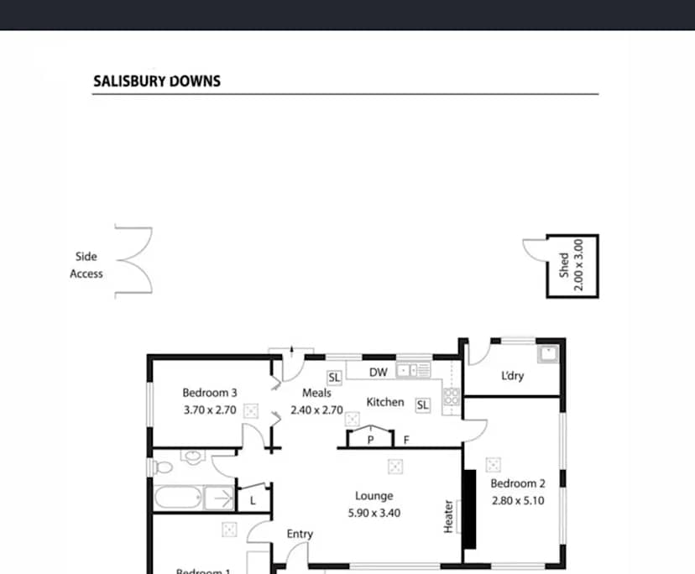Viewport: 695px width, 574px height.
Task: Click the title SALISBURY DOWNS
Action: click(x=156, y=81)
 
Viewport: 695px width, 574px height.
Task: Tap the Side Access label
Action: click(x=86, y=265)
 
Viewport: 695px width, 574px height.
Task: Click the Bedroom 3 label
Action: click(x=210, y=393)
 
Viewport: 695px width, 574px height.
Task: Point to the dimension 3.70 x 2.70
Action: click(x=210, y=410)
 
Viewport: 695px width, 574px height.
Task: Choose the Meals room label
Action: click(x=316, y=393)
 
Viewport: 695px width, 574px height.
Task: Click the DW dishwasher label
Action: click(x=378, y=372)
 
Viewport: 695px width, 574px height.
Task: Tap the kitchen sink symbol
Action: click(x=413, y=370)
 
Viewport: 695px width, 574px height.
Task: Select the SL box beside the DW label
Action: click(x=334, y=378)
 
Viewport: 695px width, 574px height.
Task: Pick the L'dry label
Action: click(x=512, y=376)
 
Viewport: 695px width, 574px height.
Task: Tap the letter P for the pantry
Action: click(x=370, y=440)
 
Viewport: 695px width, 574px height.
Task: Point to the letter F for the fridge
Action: click(x=406, y=440)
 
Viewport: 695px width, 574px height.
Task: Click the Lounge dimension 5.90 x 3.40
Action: click(x=373, y=512)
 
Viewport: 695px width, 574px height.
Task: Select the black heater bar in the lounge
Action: click(x=470, y=509)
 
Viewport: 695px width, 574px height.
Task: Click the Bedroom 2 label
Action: click(x=518, y=483)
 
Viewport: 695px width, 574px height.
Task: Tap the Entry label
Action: click(x=300, y=534)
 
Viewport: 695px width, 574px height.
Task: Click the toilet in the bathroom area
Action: click(x=191, y=458)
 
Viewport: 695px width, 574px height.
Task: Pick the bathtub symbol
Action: click(x=179, y=499)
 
